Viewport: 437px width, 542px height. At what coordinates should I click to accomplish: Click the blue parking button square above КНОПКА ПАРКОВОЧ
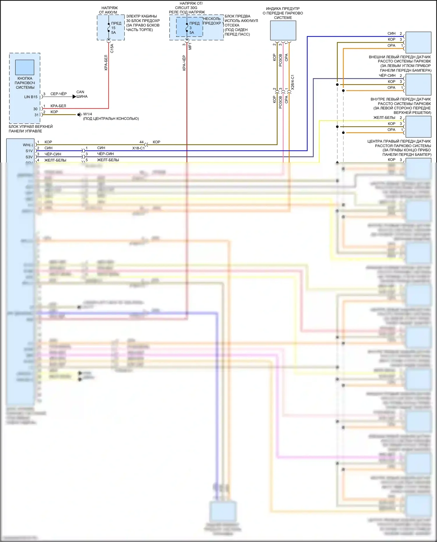(x=25, y=67)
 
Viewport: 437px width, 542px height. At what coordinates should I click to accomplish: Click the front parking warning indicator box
(x=283, y=30)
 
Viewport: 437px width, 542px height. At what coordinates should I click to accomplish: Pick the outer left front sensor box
(x=418, y=42)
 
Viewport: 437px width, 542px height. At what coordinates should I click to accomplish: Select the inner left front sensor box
(x=418, y=84)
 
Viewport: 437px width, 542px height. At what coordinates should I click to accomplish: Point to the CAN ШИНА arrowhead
(x=74, y=96)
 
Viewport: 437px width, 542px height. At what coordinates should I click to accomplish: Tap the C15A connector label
(x=112, y=48)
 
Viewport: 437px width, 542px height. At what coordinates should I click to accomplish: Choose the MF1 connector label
(x=190, y=46)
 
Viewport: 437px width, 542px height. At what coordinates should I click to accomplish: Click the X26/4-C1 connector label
(x=292, y=82)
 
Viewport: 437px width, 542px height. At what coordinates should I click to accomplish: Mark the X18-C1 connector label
(x=138, y=148)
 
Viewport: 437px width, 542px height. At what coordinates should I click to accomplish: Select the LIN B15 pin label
(x=31, y=97)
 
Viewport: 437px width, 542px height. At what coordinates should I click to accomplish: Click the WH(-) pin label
(x=28, y=145)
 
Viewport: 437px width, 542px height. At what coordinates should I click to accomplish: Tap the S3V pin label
(x=29, y=157)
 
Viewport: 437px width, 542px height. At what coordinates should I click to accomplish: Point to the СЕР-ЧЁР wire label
(x=59, y=94)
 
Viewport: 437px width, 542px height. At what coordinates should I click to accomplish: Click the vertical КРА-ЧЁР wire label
(x=184, y=63)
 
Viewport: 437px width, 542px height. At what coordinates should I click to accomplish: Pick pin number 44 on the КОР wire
(x=142, y=142)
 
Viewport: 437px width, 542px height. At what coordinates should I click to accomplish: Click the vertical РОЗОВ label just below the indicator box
(x=280, y=60)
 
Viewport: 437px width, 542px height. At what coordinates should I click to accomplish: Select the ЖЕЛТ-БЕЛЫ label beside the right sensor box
(x=384, y=118)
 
